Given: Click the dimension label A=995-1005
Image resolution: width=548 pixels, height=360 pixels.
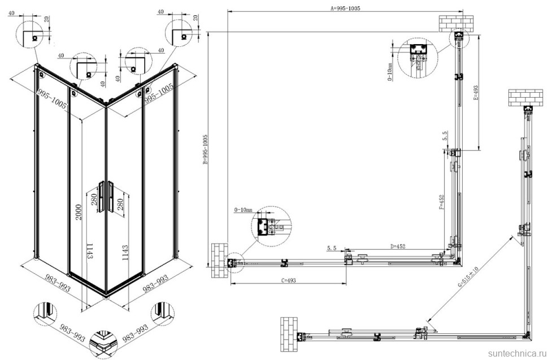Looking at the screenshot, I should pyautogui.click(x=345, y=8).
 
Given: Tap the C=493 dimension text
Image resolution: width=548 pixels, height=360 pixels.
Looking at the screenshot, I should pyautogui.click(x=288, y=280).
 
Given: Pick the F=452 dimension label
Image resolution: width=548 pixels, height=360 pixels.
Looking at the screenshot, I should pyautogui.click(x=442, y=202).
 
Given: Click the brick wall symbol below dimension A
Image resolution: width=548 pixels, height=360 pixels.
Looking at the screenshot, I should pyautogui.click(x=455, y=23).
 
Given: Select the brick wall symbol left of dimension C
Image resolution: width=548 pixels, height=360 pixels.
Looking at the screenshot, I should pyautogui.click(x=219, y=261).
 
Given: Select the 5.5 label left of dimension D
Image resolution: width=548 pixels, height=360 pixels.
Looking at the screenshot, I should pyautogui.click(x=332, y=248).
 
